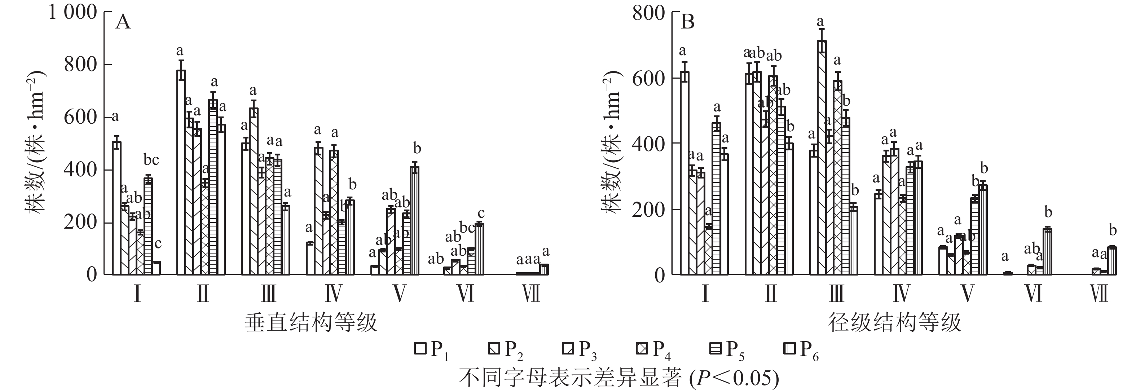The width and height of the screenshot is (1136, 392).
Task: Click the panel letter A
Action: (x=123, y=22)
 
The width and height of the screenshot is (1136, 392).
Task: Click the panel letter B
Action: (x=687, y=22)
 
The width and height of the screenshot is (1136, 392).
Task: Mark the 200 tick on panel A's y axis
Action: (x=80, y=222)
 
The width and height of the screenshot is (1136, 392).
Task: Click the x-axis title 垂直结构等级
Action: (x=311, y=322)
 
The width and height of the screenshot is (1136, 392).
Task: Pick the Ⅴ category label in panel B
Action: (x=967, y=294)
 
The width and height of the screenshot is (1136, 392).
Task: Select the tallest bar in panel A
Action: (x=181, y=172)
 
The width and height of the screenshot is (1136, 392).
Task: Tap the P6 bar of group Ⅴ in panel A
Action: (x=414, y=220)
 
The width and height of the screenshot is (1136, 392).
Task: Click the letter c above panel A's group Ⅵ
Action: (x=481, y=213)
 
